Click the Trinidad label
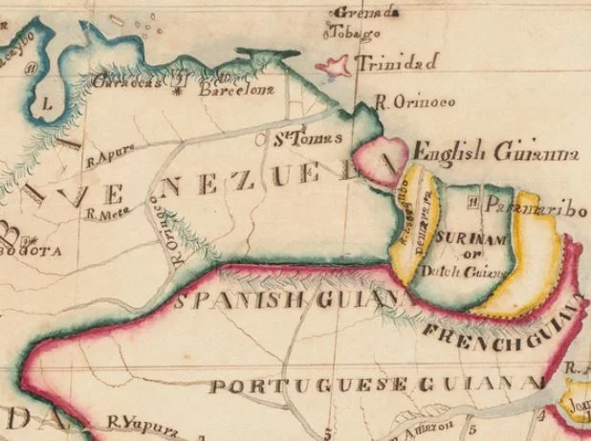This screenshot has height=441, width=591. click(x=396, y=63)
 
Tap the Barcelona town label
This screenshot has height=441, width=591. click(x=235, y=91)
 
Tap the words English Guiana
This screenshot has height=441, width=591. click(x=495, y=151)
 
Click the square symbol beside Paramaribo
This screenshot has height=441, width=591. click(x=473, y=204)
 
